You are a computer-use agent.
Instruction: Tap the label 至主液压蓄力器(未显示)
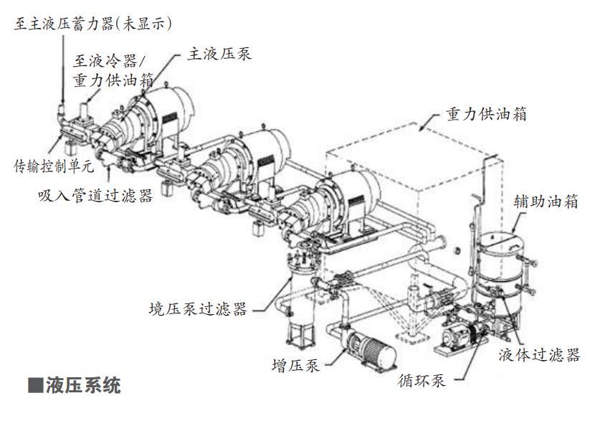(x=93, y=23)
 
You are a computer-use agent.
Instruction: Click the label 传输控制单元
(x=54, y=167)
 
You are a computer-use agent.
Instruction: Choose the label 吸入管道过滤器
(x=95, y=195)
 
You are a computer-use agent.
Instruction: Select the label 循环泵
(x=422, y=379)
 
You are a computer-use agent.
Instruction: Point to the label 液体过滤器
(x=539, y=354)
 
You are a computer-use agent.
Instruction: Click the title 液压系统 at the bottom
(x=83, y=386)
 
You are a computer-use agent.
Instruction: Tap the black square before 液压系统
(x=36, y=386)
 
